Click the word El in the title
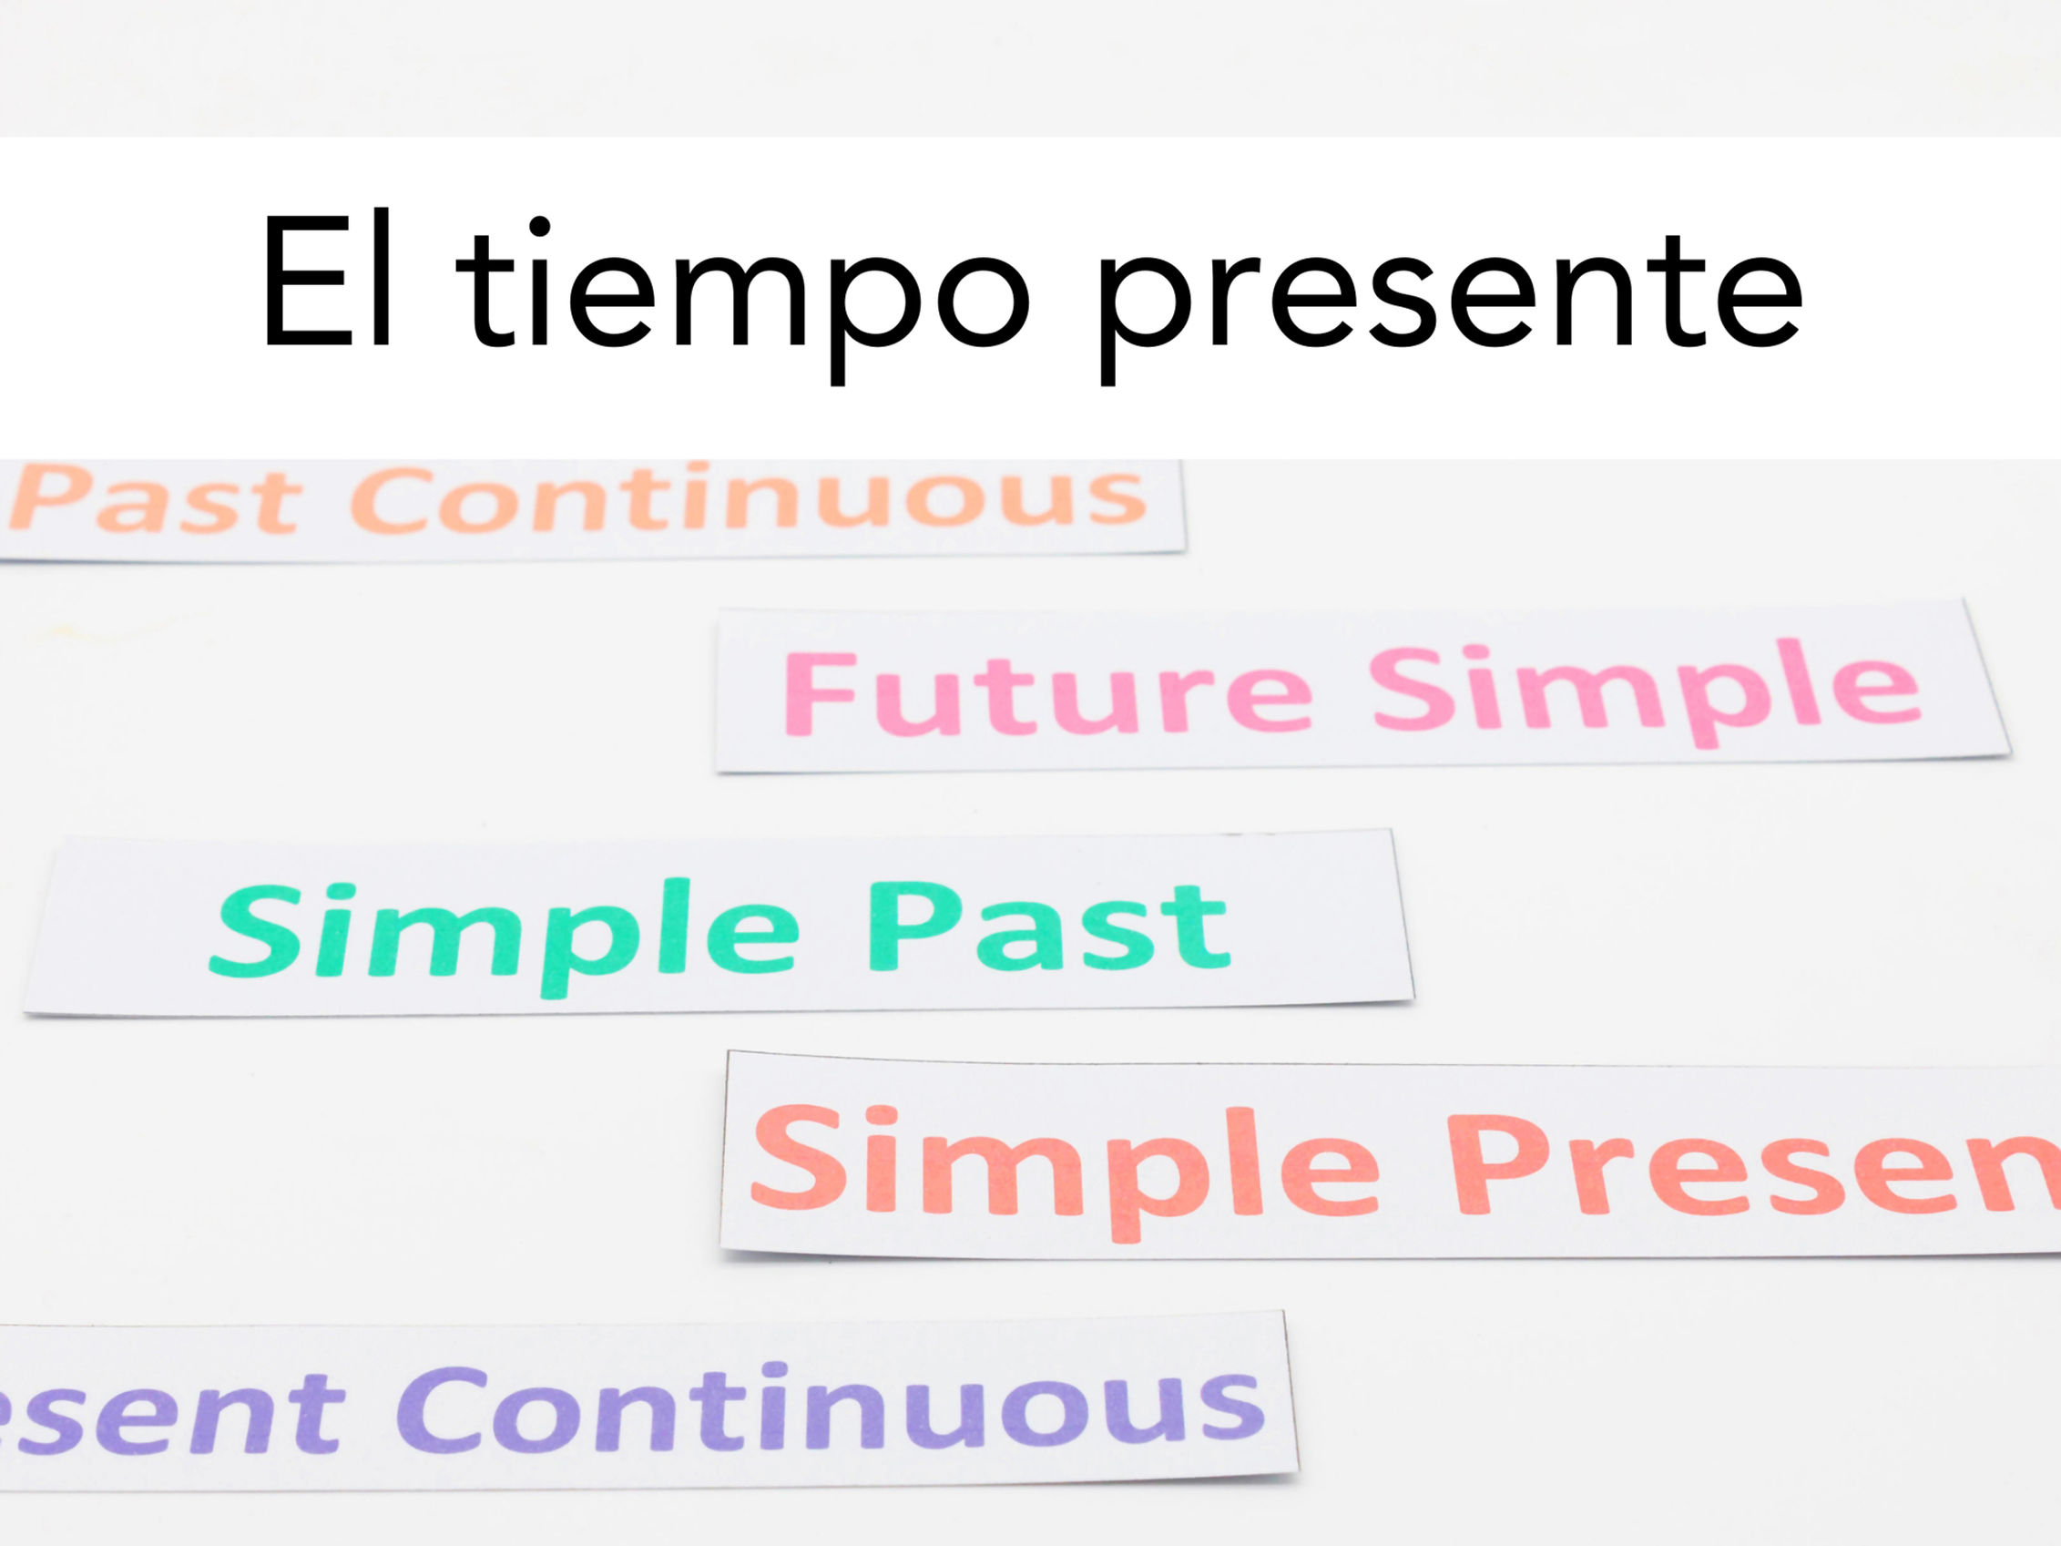(326, 281)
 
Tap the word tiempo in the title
(740, 289)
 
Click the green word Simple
(504, 932)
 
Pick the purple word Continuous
(830, 1408)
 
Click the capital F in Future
(818, 694)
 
